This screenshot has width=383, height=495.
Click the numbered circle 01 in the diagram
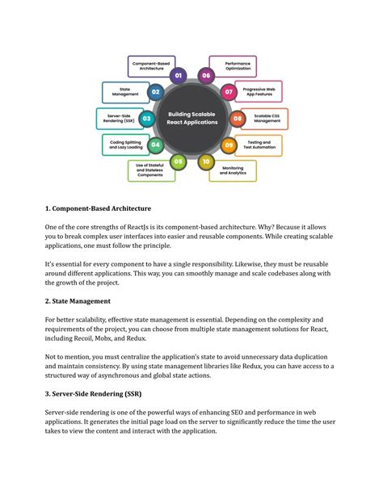(x=179, y=76)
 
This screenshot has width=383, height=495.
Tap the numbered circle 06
(x=206, y=76)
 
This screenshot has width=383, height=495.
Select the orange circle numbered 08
(x=238, y=119)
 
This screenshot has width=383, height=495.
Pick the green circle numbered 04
(x=155, y=145)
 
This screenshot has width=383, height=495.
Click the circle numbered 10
(x=206, y=162)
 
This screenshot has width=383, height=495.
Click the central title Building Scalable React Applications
(x=191, y=119)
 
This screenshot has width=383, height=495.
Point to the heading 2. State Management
(x=78, y=301)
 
